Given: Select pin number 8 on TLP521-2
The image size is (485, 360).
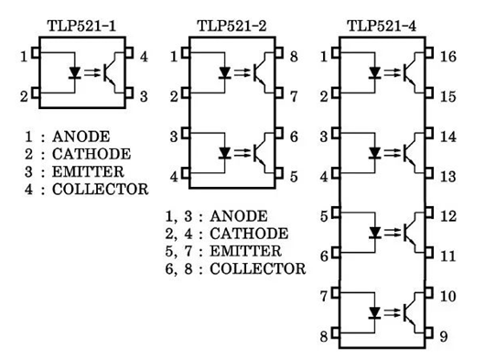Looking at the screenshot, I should point(293,57).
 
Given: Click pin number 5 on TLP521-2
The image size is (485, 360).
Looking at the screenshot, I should point(293,173).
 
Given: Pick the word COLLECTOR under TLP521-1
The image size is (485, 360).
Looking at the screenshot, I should point(102,190).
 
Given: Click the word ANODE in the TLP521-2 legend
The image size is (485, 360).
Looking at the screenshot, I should point(239,216).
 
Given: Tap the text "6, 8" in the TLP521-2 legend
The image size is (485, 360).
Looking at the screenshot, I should point(181,269).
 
